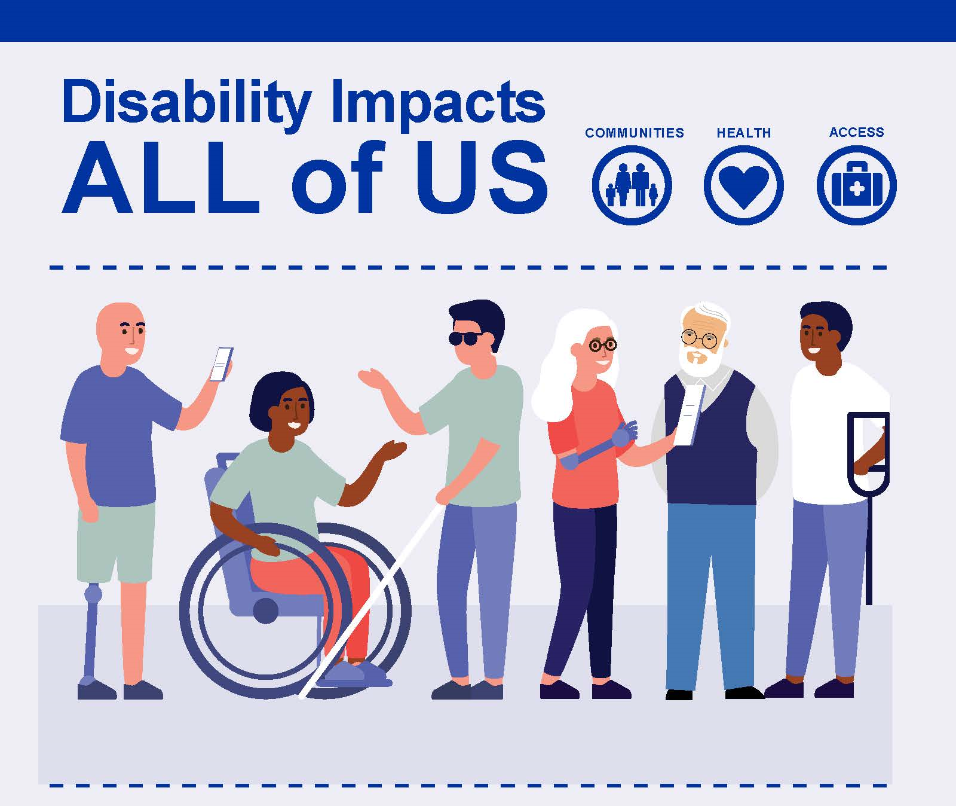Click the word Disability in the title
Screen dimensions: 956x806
point(186,102)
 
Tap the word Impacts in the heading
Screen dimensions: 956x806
point(437,102)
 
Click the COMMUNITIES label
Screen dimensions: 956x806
point(634,133)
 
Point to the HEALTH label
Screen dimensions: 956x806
point(744,133)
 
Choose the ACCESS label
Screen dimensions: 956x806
point(856,132)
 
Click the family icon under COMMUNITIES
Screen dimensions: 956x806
point(632,185)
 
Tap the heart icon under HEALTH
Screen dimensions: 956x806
point(744,185)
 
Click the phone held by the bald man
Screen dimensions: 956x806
point(220,364)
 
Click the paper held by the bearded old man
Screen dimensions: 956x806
point(690,414)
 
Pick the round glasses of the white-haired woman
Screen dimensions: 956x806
point(603,345)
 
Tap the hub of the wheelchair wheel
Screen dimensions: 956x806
point(265,610)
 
